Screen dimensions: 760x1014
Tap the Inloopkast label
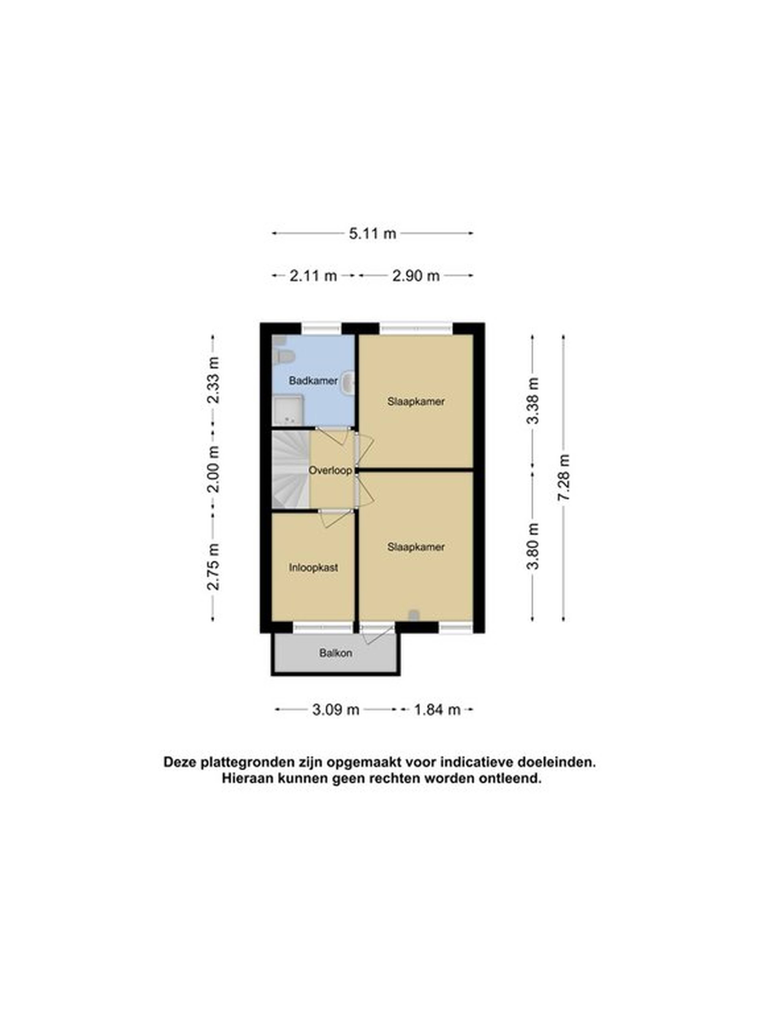(x=313, y=568)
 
